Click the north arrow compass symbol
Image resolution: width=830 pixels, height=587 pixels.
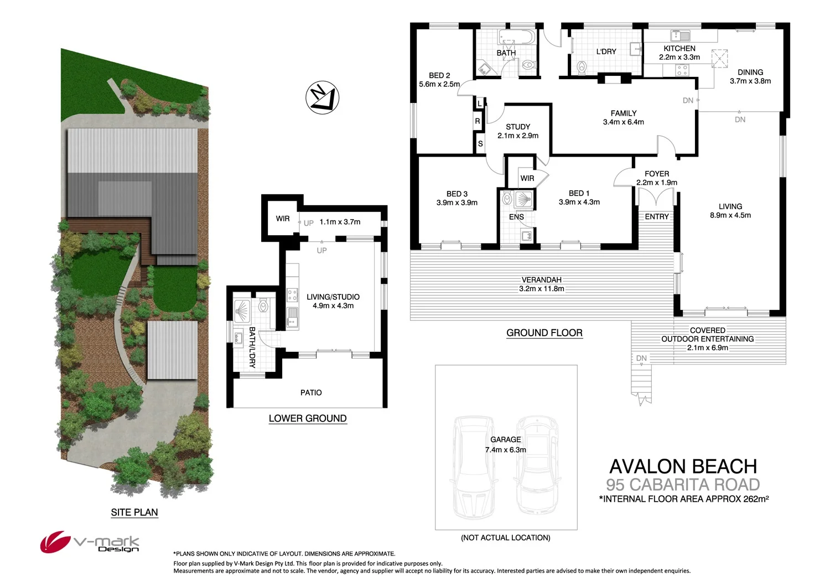pos(322,98)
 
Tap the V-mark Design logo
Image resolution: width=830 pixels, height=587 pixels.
pos(90,542)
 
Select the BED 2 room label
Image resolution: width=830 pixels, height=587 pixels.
pos(439,76)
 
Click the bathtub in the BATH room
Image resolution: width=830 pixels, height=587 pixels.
pos(517,38)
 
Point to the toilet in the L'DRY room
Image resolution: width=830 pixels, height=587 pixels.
pos(582,68)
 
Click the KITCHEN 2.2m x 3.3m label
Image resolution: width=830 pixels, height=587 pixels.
pos(679,53)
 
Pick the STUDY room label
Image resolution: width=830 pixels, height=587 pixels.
pos(518,127)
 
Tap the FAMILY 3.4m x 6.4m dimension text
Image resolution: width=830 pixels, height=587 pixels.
pos(624,122)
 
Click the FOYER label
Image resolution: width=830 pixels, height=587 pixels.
pos(657,174)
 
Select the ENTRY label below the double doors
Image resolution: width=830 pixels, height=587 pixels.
pos(657,217)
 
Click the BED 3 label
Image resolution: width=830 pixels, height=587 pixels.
pos(457,194)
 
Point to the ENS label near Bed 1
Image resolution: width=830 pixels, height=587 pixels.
pos(516,217)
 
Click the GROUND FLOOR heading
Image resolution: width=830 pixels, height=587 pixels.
pos(544,333)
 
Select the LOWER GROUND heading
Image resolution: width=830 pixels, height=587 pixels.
pos(308,419)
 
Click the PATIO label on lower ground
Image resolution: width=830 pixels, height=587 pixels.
pos(311,393)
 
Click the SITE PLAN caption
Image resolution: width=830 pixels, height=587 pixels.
pos(134,512)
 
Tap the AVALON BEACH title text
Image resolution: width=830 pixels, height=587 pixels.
pos(683,466)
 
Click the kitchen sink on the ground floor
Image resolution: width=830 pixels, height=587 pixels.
pos(680,36)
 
